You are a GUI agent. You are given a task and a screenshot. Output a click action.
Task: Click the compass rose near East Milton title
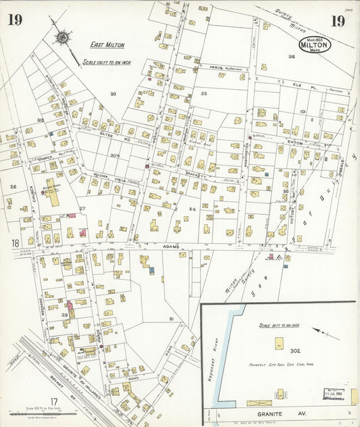click(62, 36)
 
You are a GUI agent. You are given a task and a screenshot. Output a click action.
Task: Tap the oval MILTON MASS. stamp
click(315, 45)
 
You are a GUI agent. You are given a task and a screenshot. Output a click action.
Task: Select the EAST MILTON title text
click(108, 45)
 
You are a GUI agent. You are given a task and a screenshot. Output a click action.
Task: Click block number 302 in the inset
click(294, 351)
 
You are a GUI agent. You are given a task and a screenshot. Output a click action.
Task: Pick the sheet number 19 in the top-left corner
click(14, 20)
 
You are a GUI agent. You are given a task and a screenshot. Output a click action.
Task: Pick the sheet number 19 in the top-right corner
click(338, 20)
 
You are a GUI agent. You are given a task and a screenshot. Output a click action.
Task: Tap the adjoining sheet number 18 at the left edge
click(16, 243)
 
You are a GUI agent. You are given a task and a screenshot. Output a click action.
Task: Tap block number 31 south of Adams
click(172, 318)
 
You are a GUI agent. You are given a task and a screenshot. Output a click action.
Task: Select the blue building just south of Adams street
click(152, 270)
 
